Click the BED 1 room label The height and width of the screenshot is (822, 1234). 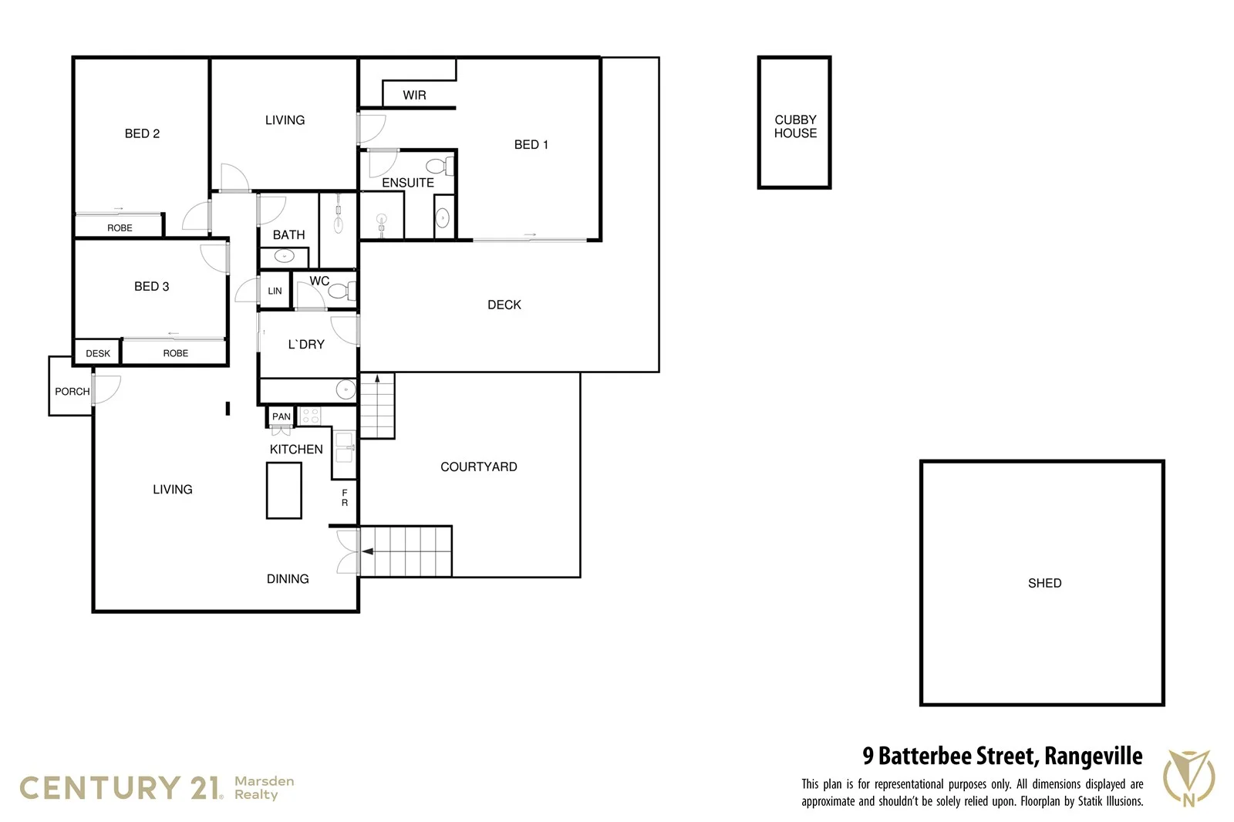[x=531, y=145]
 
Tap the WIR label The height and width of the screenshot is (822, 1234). [x=414, y=96]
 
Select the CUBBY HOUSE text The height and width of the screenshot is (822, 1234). [x=795, y=126]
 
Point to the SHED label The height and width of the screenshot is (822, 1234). [x=1044, y=584]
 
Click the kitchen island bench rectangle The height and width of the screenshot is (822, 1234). [x=284, y=490]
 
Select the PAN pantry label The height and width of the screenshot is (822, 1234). [x=282, y=417]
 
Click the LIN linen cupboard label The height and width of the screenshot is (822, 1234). [x=275, y=291]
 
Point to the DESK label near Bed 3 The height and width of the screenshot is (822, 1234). [x=98, y=354]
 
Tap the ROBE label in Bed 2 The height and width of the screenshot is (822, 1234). [x=120, y=228]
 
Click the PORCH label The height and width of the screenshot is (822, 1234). [x=72, y=392]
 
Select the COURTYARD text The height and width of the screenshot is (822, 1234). [x=478, y=467]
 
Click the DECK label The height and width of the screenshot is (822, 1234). [x=504, y=305]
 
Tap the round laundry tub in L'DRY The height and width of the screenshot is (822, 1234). [x=346, y=390]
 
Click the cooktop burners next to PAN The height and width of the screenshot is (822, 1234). [x=310, y=416]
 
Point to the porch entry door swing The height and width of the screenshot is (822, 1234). [x=108, y=389]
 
